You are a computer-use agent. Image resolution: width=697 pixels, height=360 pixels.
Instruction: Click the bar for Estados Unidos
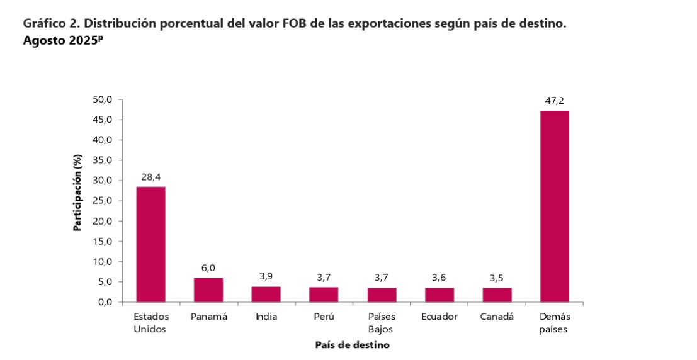tap(150, 244)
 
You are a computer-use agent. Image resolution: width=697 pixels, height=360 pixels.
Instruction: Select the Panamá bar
tap(208, 290)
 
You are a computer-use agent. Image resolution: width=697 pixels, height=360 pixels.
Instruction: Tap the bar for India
tap(266, 295)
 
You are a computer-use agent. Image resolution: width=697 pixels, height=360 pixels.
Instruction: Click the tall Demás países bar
tap(555, 206)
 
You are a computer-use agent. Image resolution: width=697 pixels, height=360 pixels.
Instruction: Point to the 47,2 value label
tap(555, 101)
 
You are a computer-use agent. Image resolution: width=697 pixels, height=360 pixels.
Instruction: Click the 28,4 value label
tap(150, 177)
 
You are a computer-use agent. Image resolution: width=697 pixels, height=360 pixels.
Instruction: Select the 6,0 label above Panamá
tap(208, 267)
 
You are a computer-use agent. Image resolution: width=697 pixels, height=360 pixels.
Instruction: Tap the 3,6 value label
tap(439, 277)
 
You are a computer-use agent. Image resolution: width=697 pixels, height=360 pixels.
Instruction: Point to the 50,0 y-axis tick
tap(102, 99)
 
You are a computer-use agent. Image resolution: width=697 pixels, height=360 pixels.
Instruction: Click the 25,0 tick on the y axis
tap(102, 201)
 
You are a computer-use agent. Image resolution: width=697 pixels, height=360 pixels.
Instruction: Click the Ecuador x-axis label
tap(439, 317)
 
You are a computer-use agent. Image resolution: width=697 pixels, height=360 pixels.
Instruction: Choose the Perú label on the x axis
tap(324, 317)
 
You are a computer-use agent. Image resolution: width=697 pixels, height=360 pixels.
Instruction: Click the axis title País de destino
tap(352, 345)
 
